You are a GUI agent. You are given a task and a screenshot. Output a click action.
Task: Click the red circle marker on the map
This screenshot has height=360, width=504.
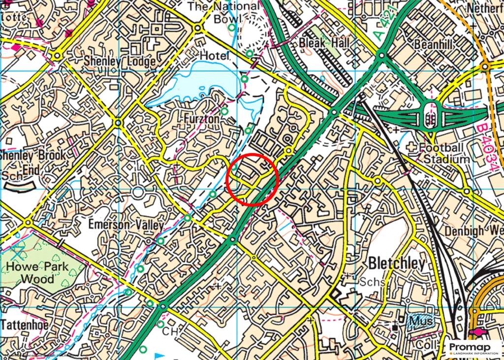252,179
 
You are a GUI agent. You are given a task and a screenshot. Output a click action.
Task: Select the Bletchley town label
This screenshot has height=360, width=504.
396,263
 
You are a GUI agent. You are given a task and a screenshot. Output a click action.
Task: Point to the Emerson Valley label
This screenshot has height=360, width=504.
126,225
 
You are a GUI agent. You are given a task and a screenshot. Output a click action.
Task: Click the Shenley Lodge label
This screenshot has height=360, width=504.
120,62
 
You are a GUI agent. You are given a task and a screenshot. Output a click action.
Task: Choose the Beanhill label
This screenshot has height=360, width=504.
433,44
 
